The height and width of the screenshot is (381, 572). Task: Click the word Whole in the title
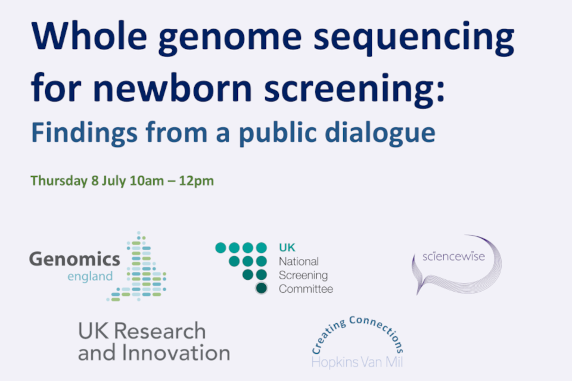pyautogui.click(x=89, y=36)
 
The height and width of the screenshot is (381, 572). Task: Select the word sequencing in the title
pyautogui.click(x=414, y=39)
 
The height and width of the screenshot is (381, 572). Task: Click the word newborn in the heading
pyautogui.click(x=173, y=87)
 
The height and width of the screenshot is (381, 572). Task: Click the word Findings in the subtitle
pyautogui.click(x=85, y=133)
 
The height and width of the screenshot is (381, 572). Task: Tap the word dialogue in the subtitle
pyautogui.click(x=380, y=133)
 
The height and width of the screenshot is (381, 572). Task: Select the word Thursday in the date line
pyautogui.click(x=59, y=181)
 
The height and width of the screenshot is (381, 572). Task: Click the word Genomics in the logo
pyautogui.click(x=74, y=259)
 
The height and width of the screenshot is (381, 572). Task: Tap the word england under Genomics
pyautogui.click(x=90, y=277)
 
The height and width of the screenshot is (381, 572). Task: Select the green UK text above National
pyautogui.click(x=287, y=248)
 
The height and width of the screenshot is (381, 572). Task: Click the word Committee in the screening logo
pyautogui.click(x=306, y=289)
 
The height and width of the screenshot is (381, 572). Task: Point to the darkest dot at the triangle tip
pyautogui.click(x=261, y=288)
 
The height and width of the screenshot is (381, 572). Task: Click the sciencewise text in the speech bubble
pyautogui.click(x=453, y=257)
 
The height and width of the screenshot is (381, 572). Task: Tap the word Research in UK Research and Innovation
pyautogui.click(x=160, y=331)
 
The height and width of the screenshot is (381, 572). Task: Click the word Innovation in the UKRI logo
pyautogui.click(x=176, y=352)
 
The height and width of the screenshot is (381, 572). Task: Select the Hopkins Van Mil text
pyautogui.click(x=357, y=362)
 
